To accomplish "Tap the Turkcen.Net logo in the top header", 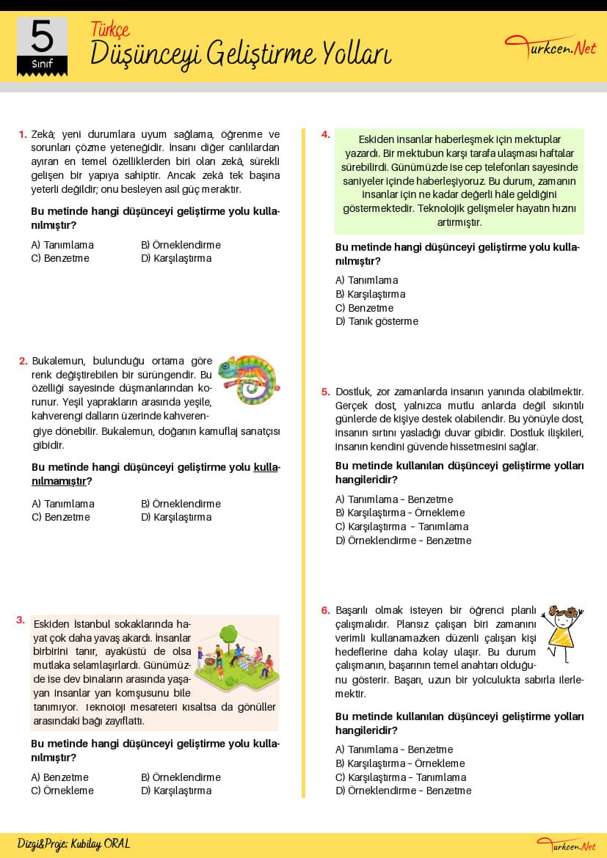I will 550,48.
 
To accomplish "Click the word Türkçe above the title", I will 110,29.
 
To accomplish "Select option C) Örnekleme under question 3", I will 62,791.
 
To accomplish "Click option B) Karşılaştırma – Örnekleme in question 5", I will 400,513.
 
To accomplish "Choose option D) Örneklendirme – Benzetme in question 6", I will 403,791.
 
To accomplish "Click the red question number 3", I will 21,620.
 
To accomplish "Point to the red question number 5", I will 325,392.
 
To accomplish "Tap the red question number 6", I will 325,610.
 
